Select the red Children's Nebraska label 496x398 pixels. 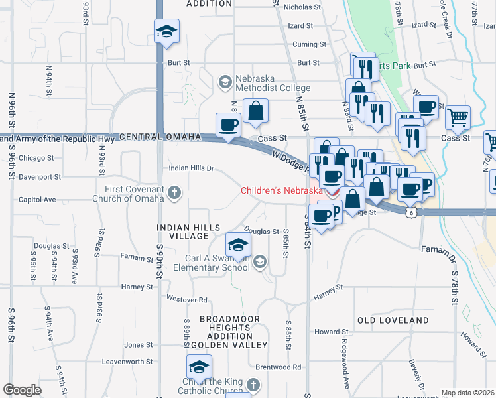282,190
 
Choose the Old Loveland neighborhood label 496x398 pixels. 393,320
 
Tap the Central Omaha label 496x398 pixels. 160,137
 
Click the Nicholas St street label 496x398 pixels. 302,7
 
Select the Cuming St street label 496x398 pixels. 310,44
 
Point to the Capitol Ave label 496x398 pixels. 37,199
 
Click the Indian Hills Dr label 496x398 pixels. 191,168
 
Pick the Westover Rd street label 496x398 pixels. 187,299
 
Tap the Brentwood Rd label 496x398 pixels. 279,367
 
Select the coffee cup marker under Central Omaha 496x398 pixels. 229,125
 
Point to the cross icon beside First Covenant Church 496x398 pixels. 174,194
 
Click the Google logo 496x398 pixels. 22,390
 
